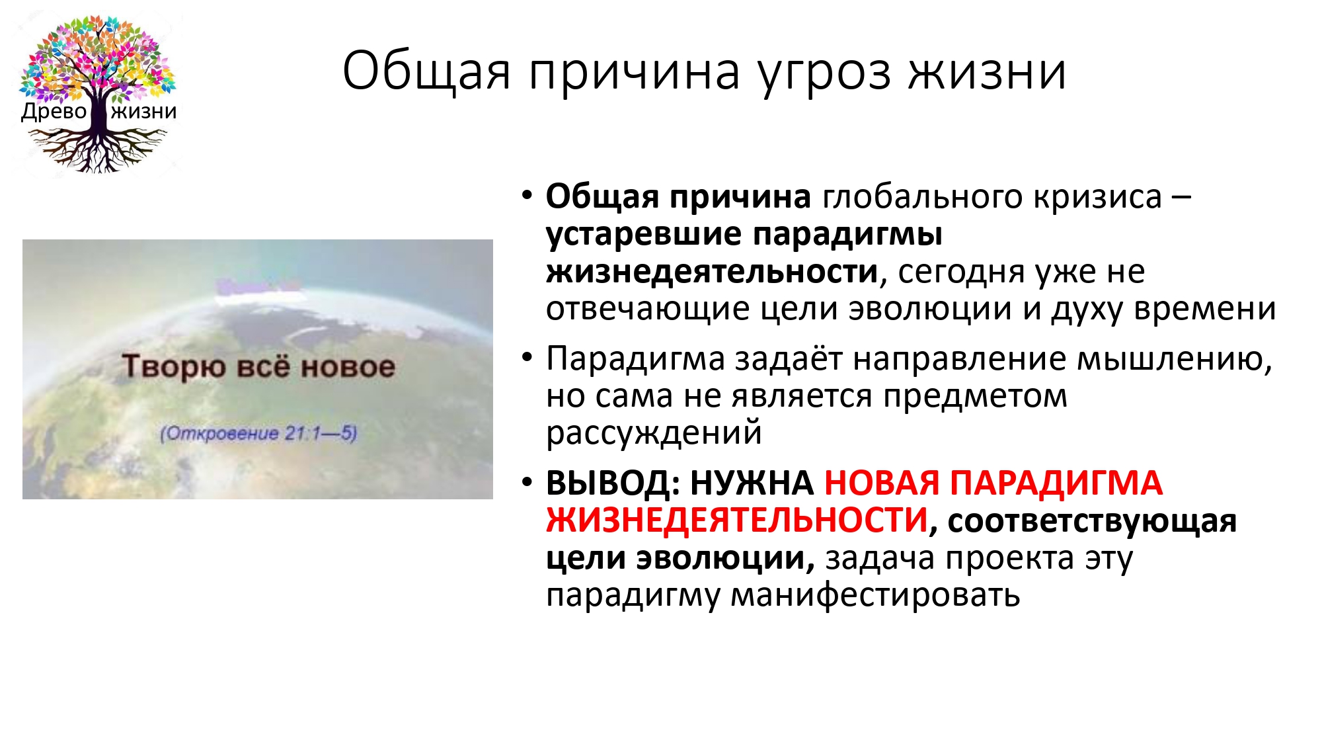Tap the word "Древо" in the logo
54,111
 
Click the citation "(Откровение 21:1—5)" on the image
258,434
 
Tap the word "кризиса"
1098,197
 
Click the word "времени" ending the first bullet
1205,310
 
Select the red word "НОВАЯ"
882,483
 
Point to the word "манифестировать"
876,595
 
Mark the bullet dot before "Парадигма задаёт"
527,358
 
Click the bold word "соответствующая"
1092,521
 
